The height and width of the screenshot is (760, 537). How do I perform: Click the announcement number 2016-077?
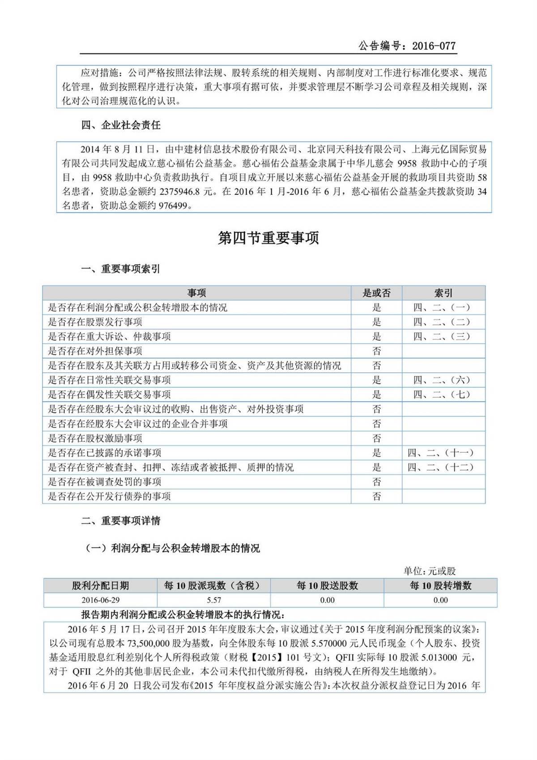pyautogui.click(x=434, y=46)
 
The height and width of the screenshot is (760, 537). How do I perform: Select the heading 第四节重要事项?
pyautogui.click(x=268, y=238)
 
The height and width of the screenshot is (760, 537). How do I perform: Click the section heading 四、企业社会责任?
pyautogui.click(x=121, y=125)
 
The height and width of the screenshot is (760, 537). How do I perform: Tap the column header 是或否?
pyautogui.click(x=376, y=293)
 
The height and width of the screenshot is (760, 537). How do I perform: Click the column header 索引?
pyautogui.click(x=443, y=293)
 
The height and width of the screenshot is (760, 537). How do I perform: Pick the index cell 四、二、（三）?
pyautogui.click(x=442, y=336)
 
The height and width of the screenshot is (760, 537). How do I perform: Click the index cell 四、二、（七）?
pyautogui.click(x=442, y=395)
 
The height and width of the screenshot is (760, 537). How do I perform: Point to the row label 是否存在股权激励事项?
pyautogui.click(x=95, y=438)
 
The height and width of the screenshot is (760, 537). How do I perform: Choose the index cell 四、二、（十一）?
pyautogui.click(x=440, y=453)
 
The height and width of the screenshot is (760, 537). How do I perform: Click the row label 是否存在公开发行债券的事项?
pyautogui.click(x=109, y=496)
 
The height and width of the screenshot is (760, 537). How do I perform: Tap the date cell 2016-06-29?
pyautogui.click(x=100, y=600)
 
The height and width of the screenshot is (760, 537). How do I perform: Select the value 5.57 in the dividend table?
pyautogui.click(x=214, y=600)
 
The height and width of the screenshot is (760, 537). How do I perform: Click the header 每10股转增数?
pyautogui.click(x=440, y=586)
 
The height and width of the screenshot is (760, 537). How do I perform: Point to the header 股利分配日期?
pyautogui.click(x=100, y=586)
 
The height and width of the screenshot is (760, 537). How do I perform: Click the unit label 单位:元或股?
pyautogui.click(x=430, y=571)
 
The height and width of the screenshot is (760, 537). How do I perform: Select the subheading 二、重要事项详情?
pyautogui.click(x=121, y=521)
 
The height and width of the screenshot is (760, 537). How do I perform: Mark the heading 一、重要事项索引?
pyautogui.click(x=121, y=269)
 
